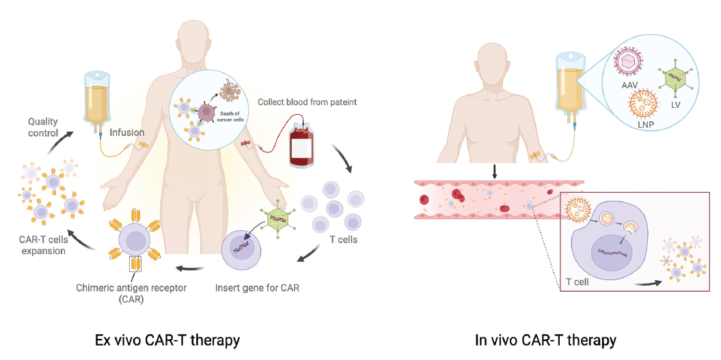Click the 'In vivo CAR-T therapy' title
(x=545, y=339)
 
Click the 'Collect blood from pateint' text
(x=307, y=102)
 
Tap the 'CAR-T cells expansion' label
(x=42, y=245)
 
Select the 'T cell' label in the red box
(x=579, y=280)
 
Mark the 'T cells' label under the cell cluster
(x=343, y=240)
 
